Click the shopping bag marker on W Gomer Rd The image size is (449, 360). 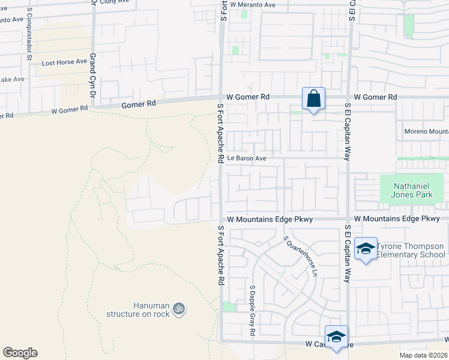tap(313, 98)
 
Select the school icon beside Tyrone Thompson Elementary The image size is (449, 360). tap(365, 250)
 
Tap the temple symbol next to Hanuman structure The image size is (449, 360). tap(178, 309)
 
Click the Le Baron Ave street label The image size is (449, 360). tap(246, 159)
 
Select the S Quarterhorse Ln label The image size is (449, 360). tap(300, 256)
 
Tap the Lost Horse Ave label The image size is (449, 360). tap(64, 62)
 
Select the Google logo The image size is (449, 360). tap(20, 353)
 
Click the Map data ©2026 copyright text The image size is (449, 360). tap(423, 355)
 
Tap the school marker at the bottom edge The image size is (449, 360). tap(336, 336)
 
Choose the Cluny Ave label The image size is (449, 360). tap(115, 2)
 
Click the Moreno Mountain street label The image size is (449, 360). tap(426, 131)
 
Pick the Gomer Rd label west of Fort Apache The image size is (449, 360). tap(139, 103)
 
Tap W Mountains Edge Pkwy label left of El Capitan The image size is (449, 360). tap(269, 220)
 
